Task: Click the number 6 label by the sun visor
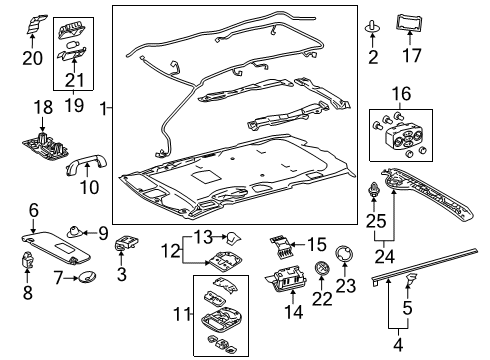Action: pos(34,209)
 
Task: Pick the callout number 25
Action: pos(374,218)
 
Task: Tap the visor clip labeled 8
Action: pos(30,263)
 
